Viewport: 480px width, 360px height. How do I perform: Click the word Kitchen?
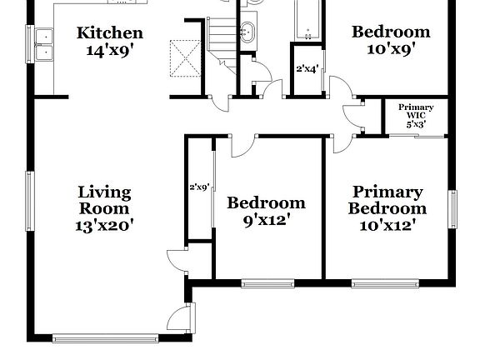(x=110, y=33)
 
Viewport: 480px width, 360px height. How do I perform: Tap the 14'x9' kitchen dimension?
(x=110, y=49)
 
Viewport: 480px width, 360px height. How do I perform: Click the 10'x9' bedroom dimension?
(x=391, y=49)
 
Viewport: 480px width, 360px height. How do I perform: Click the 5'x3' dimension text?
(x=416, y=124)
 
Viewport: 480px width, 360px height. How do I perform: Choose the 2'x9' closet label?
(x=199, y=187)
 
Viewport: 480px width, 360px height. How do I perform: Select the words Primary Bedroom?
(x=387, y=200)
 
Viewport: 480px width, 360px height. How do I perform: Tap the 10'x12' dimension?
(x=387, y=224)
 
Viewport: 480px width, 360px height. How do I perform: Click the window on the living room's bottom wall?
(x=105, y=338)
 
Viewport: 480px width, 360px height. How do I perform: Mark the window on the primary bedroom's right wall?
(x=453, y=208)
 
